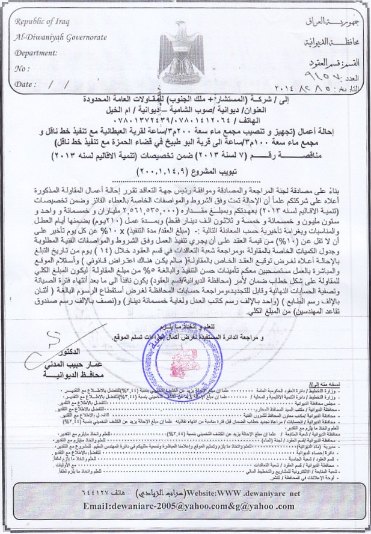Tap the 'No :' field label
[21, 68]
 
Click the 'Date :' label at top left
[25, 85]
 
